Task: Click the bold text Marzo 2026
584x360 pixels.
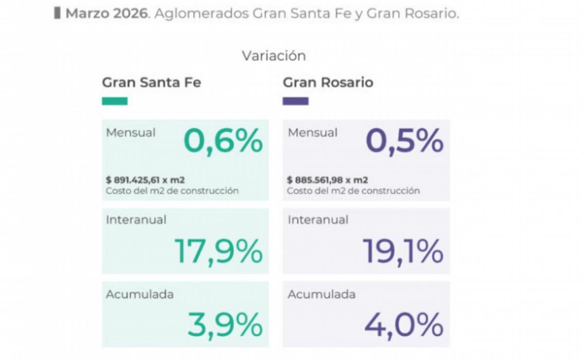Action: (x=107, y=14)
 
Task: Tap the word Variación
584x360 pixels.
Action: (x=274, y=56)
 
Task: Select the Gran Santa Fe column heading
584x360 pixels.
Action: (x=151, y=83)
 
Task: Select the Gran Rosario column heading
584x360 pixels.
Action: (x=328, y=83)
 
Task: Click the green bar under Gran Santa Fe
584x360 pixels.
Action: (x=115, y=101)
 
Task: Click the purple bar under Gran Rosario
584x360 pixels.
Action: (x=295, y=101)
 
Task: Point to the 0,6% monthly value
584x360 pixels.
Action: (x=223, y=142)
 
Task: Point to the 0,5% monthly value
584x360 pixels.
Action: (x=404, y=142)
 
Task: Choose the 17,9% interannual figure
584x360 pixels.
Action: (x=219, y=251)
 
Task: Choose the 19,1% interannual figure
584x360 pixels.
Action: (x=403, y=251)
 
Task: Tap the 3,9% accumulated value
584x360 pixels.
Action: (x=225, y=324)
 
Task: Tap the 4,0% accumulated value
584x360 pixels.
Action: (x=404, y=324)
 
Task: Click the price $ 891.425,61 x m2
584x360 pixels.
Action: (x=146, y=180)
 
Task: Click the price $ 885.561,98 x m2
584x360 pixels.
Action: (x=327, y=180)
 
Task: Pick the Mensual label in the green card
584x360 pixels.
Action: (x=130, y=132)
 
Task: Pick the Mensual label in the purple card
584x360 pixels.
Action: (x=312, y=132)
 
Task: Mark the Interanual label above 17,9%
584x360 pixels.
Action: (x=136, y=220)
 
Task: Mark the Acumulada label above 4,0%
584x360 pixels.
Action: (x=322, y=294)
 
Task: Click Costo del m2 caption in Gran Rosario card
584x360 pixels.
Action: (x=353, y=191)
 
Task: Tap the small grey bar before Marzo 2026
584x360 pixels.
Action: (x=57, y=13)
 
